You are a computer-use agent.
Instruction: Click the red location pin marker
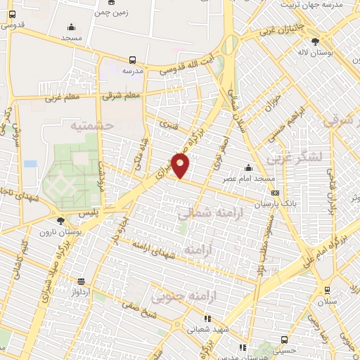181,166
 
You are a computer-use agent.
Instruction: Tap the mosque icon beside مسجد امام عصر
248,167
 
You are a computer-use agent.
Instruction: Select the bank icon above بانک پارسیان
274,192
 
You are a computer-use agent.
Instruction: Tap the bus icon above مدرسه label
133,60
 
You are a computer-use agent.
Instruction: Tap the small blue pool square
30,163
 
